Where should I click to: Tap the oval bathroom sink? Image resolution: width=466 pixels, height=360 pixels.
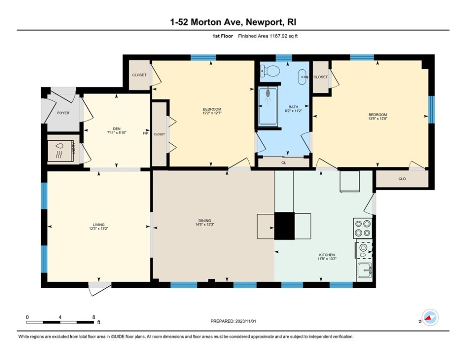click(303, 77)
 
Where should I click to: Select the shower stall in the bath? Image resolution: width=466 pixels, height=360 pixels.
click(268, 106)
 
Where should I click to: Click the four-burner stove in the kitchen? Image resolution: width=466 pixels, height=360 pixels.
click(363, 228)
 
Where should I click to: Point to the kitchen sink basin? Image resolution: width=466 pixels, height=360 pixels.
click(365, 270)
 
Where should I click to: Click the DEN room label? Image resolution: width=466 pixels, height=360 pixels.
click(117, 129)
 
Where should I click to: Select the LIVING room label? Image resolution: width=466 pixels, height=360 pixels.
click(99, 225)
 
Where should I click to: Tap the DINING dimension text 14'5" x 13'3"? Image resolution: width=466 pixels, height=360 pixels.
click(205, 225)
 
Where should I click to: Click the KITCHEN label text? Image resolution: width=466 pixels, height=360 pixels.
click(327, 255)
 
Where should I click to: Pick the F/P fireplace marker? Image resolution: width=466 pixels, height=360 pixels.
click(146, 133)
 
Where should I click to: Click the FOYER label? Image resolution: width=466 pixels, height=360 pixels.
click(63, 113)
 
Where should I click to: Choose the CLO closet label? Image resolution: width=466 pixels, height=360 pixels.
click(402, 179)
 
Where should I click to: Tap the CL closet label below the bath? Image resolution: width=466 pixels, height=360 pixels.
click(283, 163)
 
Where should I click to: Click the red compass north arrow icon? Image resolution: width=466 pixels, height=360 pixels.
click(428, 318)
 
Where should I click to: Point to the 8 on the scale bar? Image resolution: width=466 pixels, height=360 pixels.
click(94, 317)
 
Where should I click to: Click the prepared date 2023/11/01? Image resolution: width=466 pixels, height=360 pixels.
click(245, 321)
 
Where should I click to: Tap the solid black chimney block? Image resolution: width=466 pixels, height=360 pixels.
click(284, 226)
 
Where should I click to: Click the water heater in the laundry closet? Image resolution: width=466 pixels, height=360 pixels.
click(60, 150)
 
